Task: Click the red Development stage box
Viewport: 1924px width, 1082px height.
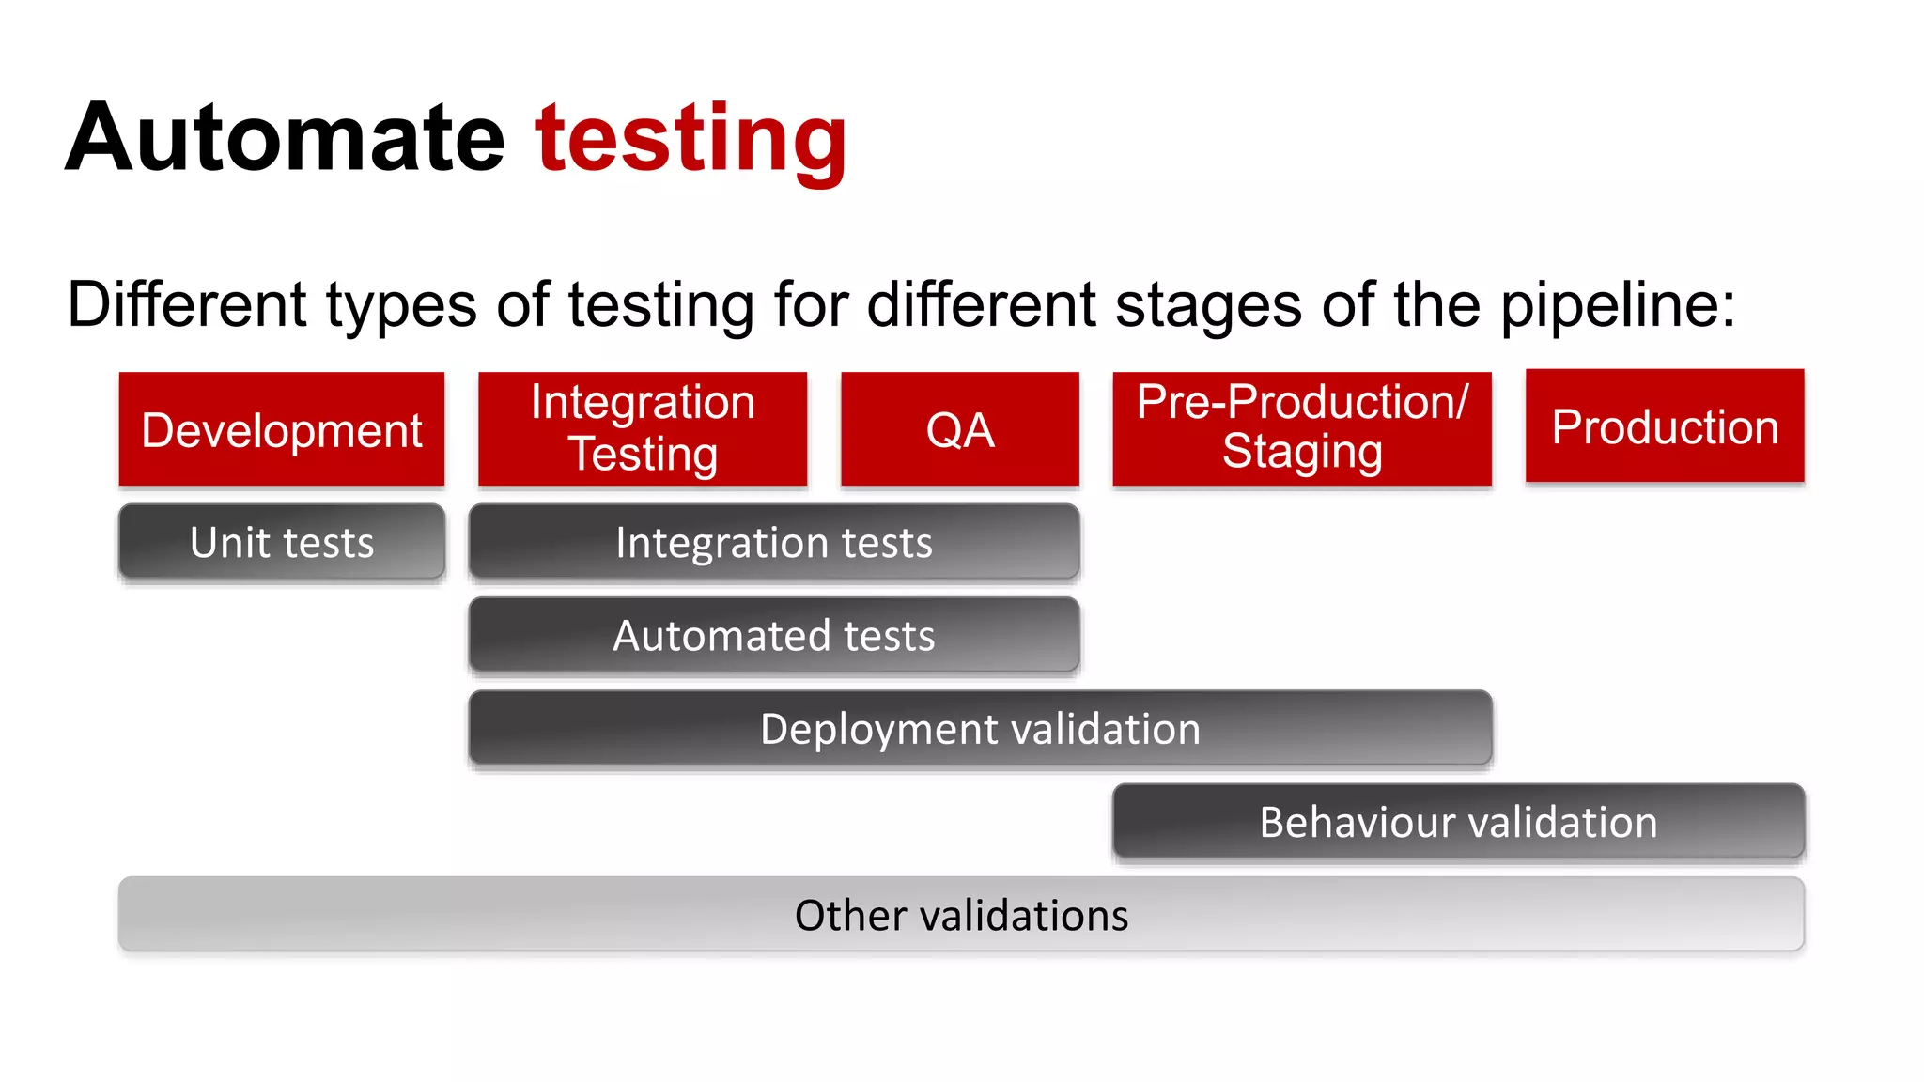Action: [281, 429]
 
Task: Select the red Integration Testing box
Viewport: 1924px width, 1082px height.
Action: [643, 429]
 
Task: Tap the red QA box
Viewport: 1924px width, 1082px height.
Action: [959, 429]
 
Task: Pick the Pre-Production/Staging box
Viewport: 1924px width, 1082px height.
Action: [1302, 429]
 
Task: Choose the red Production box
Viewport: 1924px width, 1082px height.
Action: [1665, 426]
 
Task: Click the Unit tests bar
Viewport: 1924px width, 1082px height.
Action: [281, 542]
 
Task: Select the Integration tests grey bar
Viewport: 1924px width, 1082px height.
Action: [774, 542]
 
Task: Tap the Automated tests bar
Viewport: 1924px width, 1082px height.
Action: [774, 635]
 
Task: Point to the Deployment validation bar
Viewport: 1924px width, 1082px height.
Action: [980, 729]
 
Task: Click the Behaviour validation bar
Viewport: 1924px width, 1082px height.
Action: [1458, 822]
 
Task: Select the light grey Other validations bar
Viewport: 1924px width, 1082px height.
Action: [961, 915]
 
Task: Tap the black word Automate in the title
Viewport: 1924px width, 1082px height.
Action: [286, 139]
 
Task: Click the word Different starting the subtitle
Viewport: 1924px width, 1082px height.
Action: [187, 304]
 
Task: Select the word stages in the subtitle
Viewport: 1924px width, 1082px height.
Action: [1208, 306]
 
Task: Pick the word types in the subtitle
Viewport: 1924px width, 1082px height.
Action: [401, 306]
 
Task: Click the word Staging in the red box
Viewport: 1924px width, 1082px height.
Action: [1302, 453]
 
